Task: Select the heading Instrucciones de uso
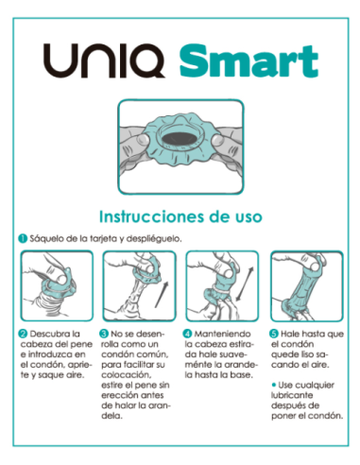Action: click(180, 215)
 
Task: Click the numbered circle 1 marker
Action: click(23, 238)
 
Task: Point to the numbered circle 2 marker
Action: click(23, 334)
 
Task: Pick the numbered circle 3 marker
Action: click(104, 334)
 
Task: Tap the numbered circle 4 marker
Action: click(187, 334)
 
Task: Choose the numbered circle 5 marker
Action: click(273, 334)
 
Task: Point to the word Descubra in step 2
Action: click(50, 334)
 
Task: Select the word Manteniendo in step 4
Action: click(223, 334)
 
